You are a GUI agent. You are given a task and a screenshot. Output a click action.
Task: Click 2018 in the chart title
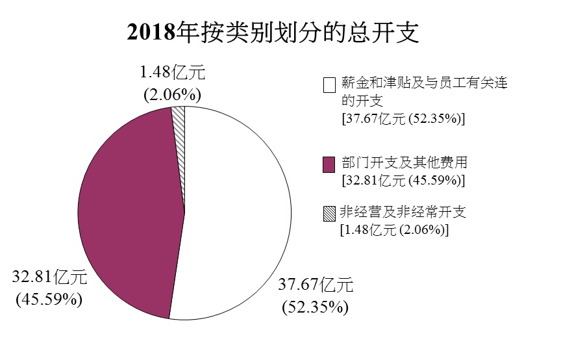[151, 32]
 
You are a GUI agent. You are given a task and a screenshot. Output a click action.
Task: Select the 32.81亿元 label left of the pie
[49, 277]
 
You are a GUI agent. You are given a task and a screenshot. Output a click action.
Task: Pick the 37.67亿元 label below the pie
[316, 284]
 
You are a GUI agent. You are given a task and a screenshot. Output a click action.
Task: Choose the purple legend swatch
[329, 164]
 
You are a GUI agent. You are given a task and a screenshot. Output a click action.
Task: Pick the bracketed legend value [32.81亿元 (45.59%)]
[403, 180]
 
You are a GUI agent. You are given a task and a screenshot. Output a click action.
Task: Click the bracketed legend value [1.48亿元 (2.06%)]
[395, 230]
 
